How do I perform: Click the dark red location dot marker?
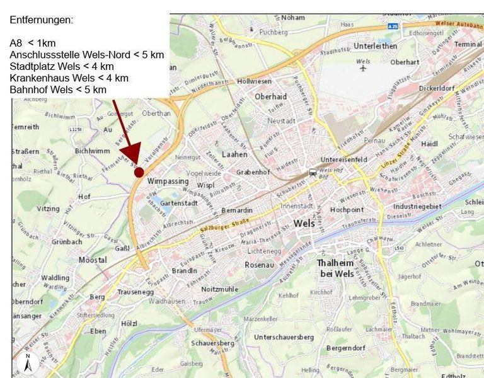pos(139,172)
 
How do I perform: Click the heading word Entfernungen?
pos(42,20)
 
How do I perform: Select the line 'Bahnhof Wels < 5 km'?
pos(59,89)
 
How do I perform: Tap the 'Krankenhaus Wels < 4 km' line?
pos(69,78)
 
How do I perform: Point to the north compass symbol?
pos(28,362)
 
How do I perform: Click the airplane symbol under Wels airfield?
pos(363,69)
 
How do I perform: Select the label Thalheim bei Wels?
pos(335,268)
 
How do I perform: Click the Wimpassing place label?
pos(168,181)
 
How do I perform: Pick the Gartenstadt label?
pos(180,203)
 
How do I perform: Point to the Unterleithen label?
pos(376,46)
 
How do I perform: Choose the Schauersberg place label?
pos(212,343)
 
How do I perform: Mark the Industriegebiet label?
pos(417,206)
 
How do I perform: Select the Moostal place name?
pos(93,260)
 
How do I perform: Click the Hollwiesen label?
pos(254,81)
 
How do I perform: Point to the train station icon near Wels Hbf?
pos(313,173)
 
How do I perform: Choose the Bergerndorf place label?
pos(346,348)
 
